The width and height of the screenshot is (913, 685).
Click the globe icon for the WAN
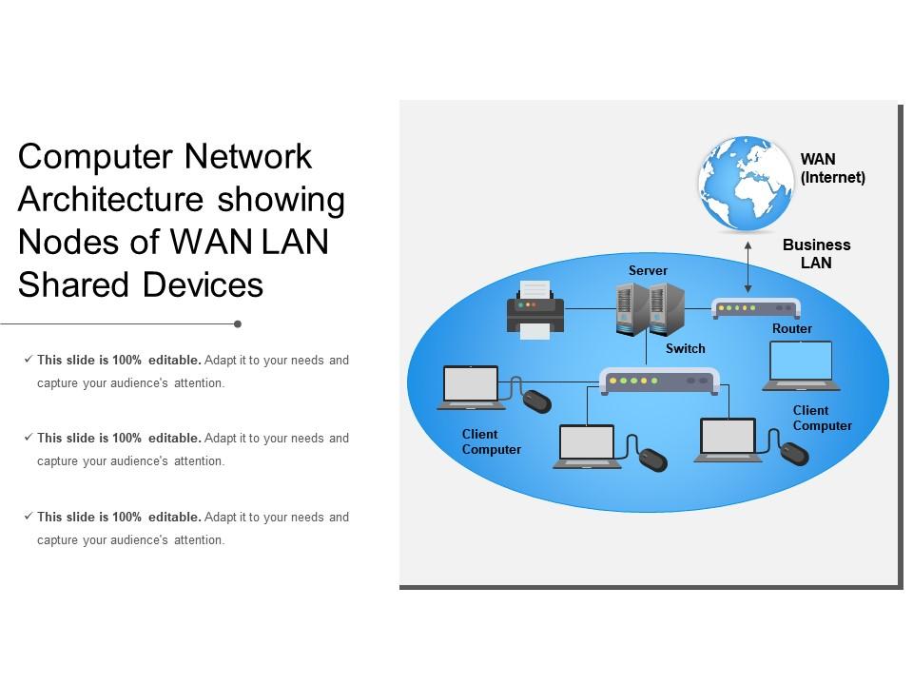(x=747, y=184)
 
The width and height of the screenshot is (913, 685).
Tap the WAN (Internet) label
(x=833, y=168)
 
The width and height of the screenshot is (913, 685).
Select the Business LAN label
(x=816, y=254)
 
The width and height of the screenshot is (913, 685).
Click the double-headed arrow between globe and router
(x=748, y=266)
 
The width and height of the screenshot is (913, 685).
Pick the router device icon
(x=756, y=308)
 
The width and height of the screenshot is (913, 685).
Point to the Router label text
(x=792, y=329)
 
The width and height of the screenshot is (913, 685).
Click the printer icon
(x=535, y=309)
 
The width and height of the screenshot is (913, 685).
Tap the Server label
(x=648, y=271)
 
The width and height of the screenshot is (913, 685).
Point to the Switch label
(x=685, y=349)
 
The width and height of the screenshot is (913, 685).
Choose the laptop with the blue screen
(x=801, y=365)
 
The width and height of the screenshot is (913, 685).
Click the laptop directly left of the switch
(x=472, y=387)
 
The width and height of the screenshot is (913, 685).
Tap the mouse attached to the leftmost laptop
(x=537, y=401)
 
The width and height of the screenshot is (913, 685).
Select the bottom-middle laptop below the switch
(x=587, y=446)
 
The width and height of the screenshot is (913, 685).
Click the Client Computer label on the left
(x=492, y=441)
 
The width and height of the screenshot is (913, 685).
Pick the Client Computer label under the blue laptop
(x=823, y=419)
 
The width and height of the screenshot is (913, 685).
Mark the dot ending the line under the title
(x=238, y=324)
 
